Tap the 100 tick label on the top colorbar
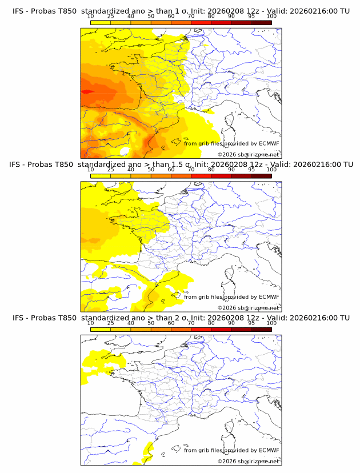[271, 17]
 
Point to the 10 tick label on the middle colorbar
[90, 170]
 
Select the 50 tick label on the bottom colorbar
[151, 323]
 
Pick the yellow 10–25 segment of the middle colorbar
[101, 176]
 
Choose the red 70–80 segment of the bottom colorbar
[201, 329]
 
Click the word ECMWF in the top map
[269, 143]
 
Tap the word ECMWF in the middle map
[269, 296]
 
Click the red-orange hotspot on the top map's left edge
[87, 91]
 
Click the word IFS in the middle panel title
[18, 165]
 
